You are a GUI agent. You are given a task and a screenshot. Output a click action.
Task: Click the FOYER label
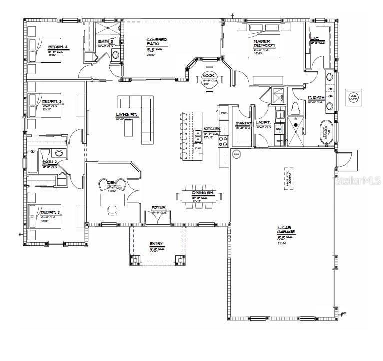[x=158, y=207]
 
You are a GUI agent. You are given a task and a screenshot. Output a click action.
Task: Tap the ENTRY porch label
[x=156, y=244]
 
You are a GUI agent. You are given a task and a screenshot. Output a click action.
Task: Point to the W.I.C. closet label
[x=315, y=38]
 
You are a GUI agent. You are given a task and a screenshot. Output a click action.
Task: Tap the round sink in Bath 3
[x=116, y=54]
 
